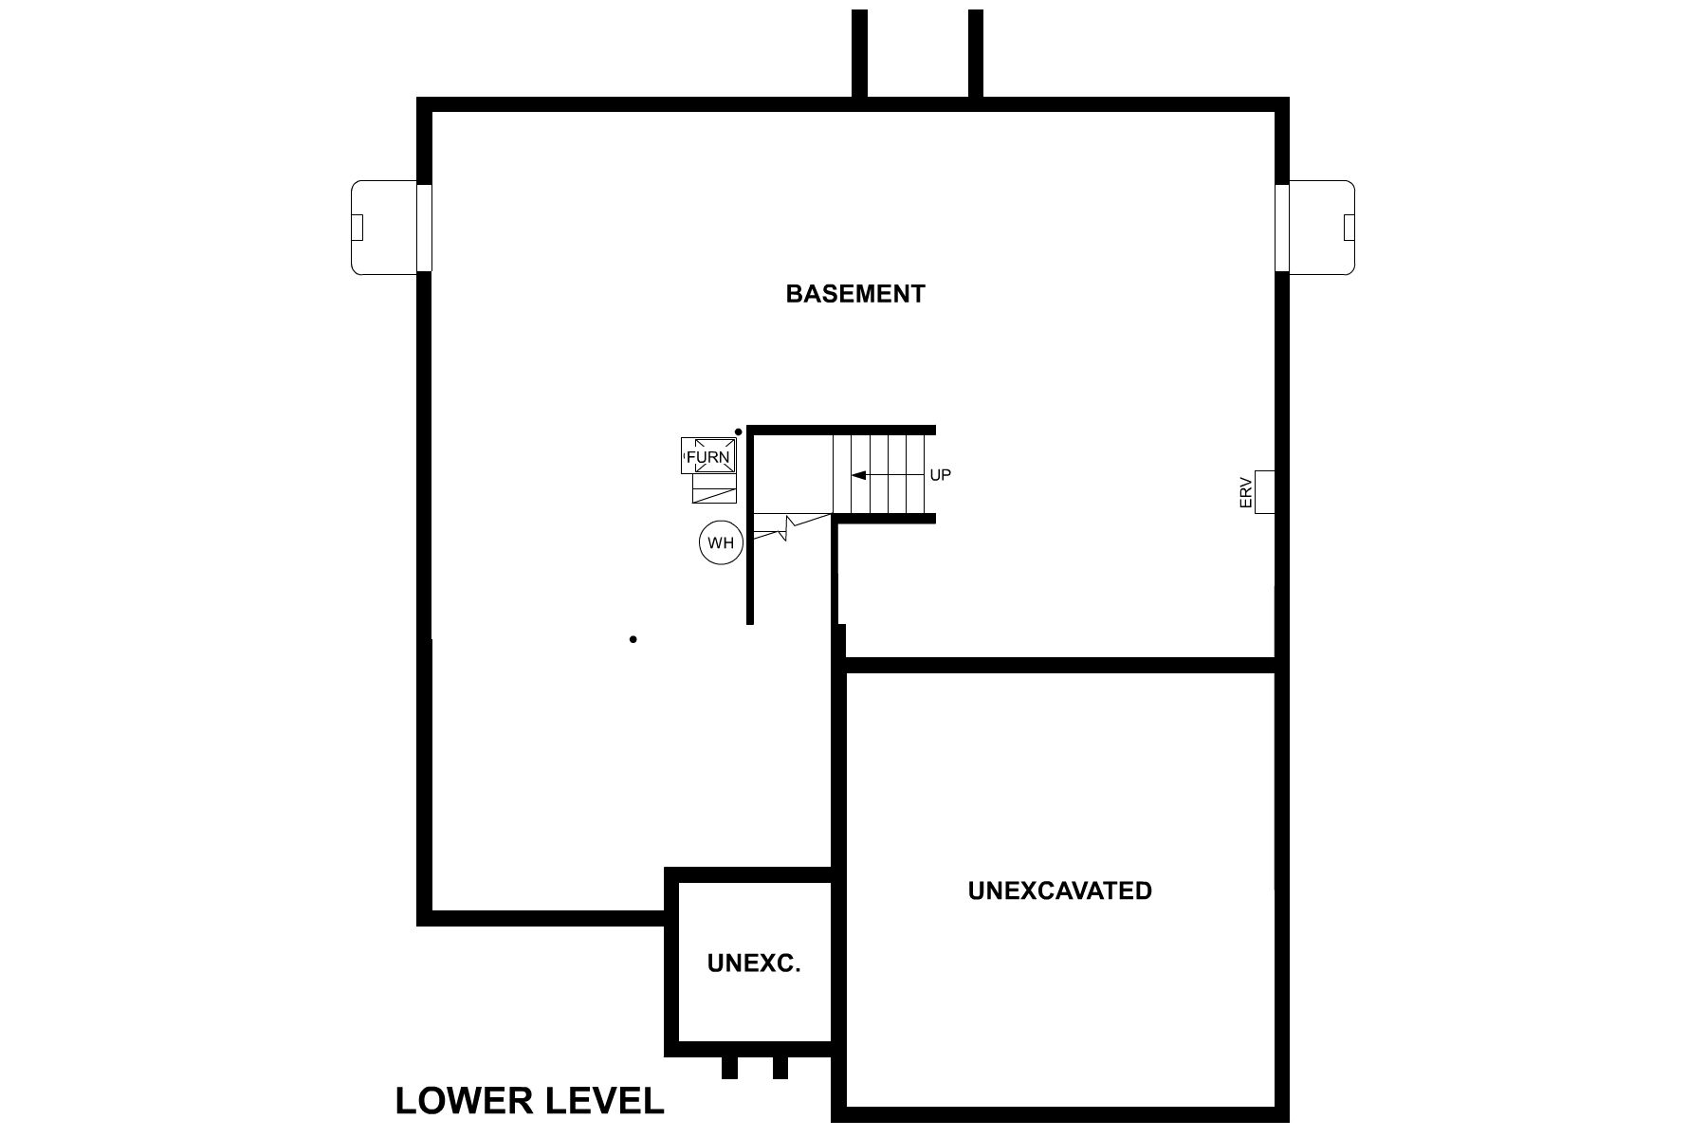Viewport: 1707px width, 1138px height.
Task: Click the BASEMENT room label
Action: (854, 294)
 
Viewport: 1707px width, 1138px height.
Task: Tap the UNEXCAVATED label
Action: (1059, 890)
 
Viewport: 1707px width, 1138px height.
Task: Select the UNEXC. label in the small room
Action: (754, 964)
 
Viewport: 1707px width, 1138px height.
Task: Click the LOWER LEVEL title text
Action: (529, 1101)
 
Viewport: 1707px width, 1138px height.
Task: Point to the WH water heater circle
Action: (721, 543)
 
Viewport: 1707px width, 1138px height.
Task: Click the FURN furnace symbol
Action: (708, 456)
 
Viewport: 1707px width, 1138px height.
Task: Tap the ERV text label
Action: (1246, 492)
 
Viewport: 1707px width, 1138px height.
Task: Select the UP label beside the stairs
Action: (940, 475)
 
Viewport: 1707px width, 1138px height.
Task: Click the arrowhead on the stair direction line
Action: (858, 475)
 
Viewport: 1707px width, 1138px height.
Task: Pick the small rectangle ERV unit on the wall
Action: (1264, 492)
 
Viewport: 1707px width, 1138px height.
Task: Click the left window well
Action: (384, 228)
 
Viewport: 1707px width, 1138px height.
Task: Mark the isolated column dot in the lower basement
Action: (633, 639)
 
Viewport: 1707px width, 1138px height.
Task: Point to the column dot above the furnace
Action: (739, 432)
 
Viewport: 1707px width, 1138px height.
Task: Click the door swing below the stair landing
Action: (787, 527)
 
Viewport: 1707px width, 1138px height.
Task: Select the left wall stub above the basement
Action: (859, 53)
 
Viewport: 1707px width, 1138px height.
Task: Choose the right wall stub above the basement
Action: (975, 53)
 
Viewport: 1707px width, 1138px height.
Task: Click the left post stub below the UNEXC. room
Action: (729, 1068)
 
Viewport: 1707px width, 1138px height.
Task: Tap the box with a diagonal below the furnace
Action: (714, 488)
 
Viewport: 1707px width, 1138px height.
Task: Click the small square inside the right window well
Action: (1349, 228)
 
